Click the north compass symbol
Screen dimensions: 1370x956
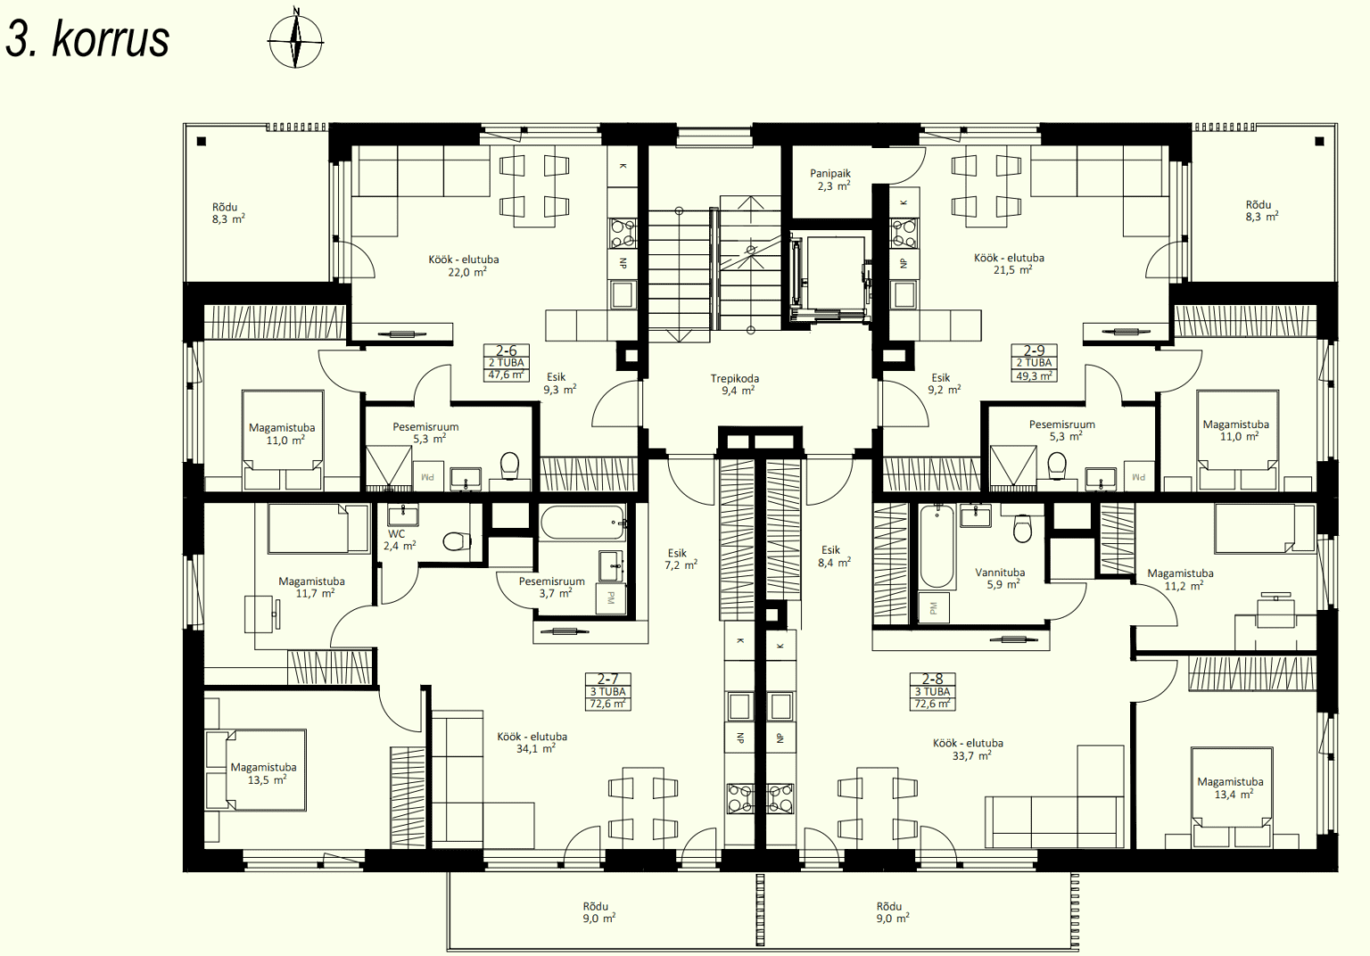click(296, 40)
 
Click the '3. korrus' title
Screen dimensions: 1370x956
click(87, 40)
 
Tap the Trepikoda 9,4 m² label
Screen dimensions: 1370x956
click(735, 384)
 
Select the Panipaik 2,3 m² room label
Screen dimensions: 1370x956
click(830, 180)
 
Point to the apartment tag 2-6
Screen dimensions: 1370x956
click(507, 363)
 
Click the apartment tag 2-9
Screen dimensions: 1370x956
click(1035, 363)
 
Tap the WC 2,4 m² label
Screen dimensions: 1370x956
click(400, 540)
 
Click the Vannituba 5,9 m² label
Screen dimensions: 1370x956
click(1000, 579)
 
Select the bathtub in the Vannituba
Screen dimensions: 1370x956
click(937, 546)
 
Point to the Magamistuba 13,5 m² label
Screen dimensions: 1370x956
click(264, 773)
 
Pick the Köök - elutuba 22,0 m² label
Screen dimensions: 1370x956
click(464, 266)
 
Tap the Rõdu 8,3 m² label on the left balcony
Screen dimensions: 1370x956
click(228, 213)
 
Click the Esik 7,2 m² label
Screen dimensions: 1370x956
click(681, 559)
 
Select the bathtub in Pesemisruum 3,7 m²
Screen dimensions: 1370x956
click(582, 523)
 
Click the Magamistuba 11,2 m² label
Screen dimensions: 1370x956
click(1180, 580)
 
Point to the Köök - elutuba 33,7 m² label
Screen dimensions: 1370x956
click(968, 749)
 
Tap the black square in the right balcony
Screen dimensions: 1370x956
click(1319, 141)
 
